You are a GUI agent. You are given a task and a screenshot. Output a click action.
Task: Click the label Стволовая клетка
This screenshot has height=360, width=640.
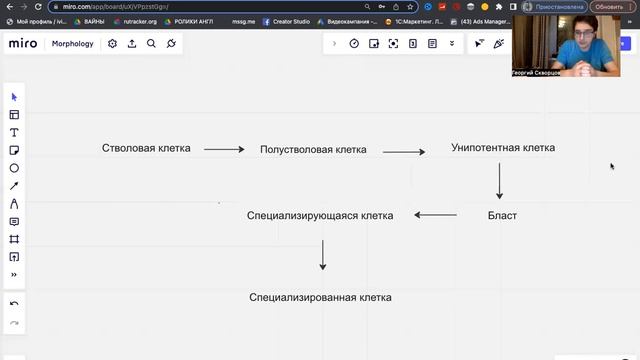146,148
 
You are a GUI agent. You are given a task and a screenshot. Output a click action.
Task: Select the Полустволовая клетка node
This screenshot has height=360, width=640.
313,150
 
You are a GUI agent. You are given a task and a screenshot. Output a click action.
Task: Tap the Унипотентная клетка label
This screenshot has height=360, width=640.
503,148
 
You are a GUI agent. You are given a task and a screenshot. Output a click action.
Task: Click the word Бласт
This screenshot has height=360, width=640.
502,215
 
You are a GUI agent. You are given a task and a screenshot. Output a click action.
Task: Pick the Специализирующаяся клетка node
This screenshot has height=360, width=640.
320,215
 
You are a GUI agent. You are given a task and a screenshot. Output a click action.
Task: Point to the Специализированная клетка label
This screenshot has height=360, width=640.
320,298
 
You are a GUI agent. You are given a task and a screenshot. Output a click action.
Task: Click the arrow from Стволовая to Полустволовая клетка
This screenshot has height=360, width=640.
224,150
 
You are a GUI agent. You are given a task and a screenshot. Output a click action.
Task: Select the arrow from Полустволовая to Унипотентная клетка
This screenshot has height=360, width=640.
404,152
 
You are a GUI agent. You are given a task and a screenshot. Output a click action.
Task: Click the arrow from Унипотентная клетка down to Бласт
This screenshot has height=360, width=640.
499,181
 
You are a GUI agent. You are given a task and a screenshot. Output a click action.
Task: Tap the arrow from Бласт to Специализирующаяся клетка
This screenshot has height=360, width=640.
436,215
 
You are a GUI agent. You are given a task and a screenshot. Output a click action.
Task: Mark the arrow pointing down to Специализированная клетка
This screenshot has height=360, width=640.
322,254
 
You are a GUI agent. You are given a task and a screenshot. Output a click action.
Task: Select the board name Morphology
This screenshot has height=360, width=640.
73,44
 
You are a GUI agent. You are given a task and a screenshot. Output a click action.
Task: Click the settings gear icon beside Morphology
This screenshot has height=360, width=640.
112,44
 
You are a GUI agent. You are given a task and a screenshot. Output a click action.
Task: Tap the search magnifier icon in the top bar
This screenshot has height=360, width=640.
151,44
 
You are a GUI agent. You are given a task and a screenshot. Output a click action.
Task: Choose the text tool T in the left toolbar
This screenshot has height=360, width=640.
14,132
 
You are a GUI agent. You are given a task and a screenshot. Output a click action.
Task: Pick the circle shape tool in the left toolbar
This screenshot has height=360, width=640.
14,168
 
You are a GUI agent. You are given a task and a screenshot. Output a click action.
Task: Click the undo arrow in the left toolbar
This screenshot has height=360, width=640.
14,303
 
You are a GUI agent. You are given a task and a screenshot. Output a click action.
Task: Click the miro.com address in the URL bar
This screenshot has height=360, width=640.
115,7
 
